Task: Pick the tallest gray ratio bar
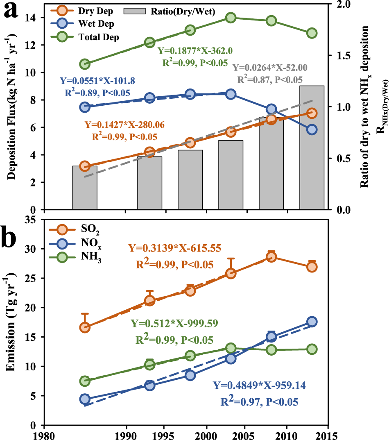pyautogui.click(x=312, y=147)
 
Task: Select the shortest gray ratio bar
pyautogui.click(x=85, y=187)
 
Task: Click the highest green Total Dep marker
pyautogui.click(x=231, y=18)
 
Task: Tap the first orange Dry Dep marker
pyautogui.click(x=85, y=166)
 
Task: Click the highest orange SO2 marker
pyautogui.click(x=271, y=257)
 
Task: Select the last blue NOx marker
pyautogui.click(x=312, y=322)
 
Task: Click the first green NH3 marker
pyautogui.click(x=85, y=381)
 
